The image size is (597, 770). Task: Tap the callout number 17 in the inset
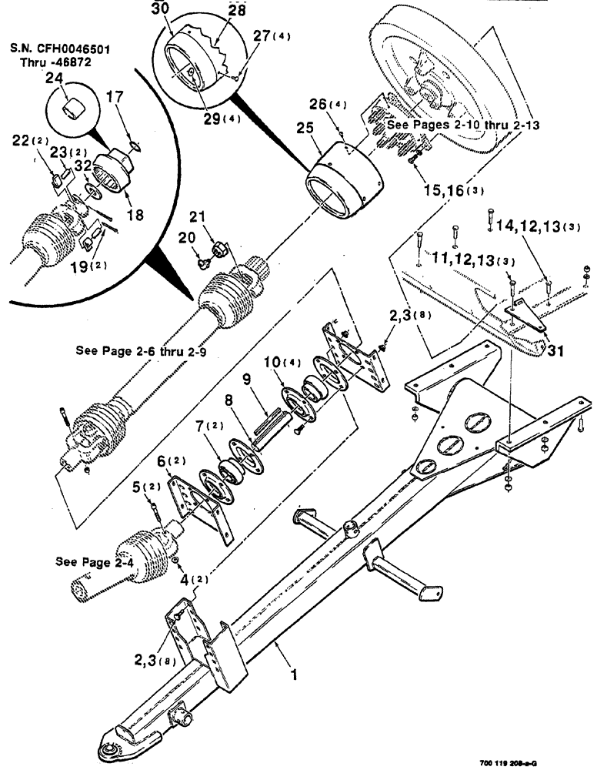(135, 98)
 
